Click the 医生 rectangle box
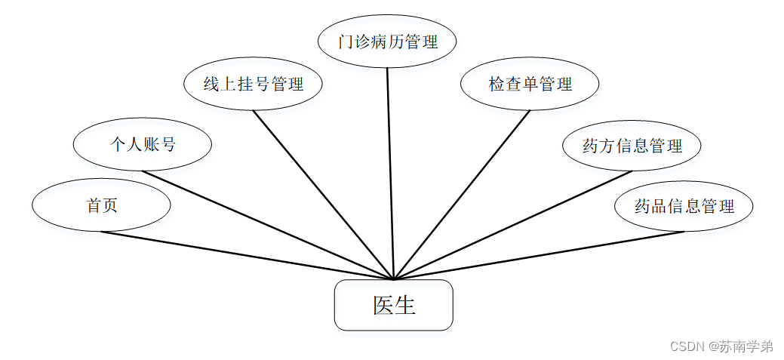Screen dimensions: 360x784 click(x=393, y=305)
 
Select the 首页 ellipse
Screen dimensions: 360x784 click(x=101, y=205)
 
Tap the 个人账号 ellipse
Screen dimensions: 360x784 click(x=143, y=143)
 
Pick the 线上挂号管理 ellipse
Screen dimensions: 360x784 click(x=253, y=84)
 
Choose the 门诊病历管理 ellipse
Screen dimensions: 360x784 click(x=387, y=41)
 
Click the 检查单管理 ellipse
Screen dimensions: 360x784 click(x=530, y=84)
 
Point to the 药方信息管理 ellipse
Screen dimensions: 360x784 click(x=632, y=146)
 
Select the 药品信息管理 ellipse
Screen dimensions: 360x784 click(x=684, y=205)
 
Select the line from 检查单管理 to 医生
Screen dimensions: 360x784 click(x=462, y=195)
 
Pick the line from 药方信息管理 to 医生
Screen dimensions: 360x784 click(x=513, y=225)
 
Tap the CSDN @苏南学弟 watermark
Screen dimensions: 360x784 click(x=721, y=346)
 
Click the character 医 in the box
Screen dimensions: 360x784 click(x=383, y=305)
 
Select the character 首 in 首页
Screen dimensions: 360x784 click(x=94, y=205)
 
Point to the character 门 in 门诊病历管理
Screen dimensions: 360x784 click(x=346, y=42)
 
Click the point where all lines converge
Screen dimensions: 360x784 click(x=393, y=279)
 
